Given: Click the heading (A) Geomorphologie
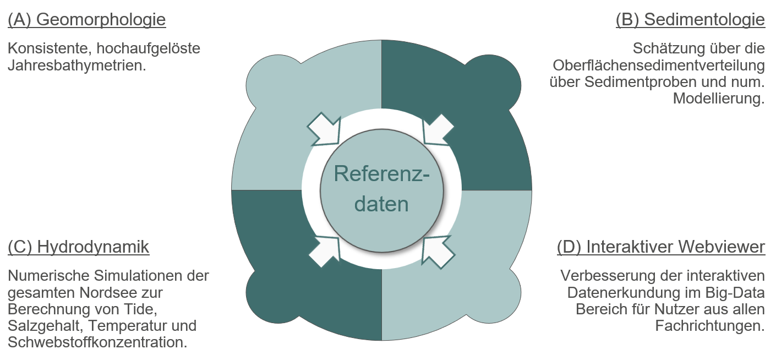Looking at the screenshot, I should pos(87,20).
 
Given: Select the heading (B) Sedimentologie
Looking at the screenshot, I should pos(690,20).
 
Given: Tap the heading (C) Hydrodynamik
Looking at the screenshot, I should pos(79,247).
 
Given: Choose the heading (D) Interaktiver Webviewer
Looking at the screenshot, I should pos(661,247).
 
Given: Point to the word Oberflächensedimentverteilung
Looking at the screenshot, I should pos(659,66).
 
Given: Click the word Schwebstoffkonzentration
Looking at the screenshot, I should pos(97,342).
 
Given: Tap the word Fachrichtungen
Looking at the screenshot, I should pos(710,325).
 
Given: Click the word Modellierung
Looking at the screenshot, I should pos(719,99).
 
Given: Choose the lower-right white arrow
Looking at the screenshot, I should pos(439,251).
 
